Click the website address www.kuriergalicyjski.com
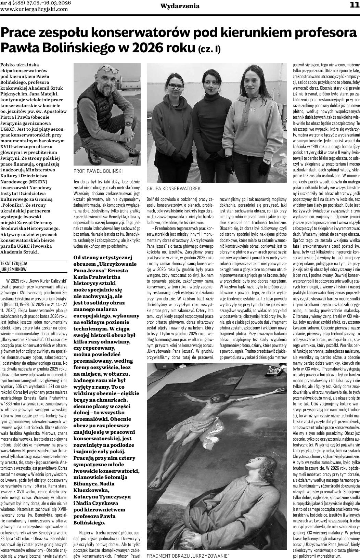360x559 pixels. [x=34, y=9]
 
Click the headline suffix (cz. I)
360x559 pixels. [x=209, y=49]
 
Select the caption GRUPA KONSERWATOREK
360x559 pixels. [x=173, y=188]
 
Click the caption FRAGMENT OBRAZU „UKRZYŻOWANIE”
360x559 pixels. [x=188, y=556]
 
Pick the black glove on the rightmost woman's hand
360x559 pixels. [x=263, y=167]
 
